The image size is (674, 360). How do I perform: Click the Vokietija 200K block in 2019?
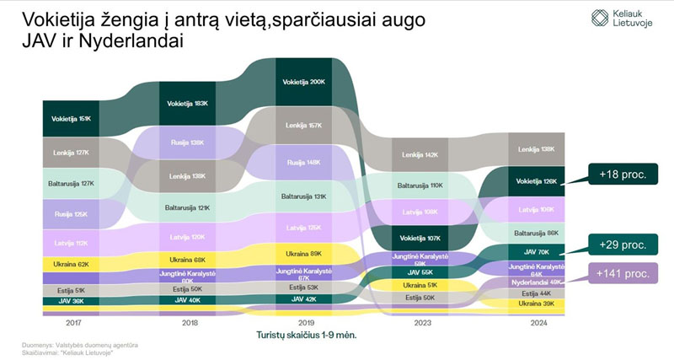(304, 83)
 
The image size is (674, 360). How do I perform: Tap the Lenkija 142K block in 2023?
(420, 155)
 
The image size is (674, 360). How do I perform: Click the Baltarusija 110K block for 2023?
(420, 185)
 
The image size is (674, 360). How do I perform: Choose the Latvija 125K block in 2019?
(304, 228)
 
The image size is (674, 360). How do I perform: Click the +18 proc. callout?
(622, 174)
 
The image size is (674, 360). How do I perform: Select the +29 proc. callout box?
(622, 245)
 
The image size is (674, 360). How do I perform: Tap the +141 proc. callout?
(622, 273)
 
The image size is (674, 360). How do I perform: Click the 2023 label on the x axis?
(420, 322)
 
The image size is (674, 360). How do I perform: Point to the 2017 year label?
(72, 322)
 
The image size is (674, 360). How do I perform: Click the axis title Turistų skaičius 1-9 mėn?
(307, 335)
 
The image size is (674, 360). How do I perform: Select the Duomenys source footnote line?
(80, 345)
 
